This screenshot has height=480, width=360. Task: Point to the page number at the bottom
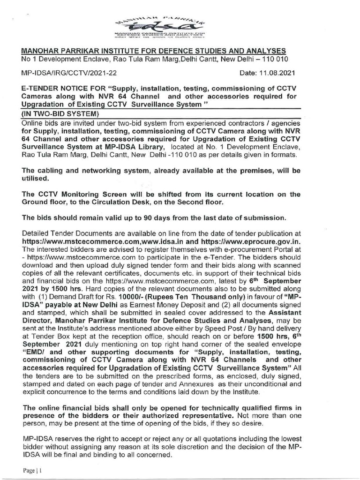pos(29,469)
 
